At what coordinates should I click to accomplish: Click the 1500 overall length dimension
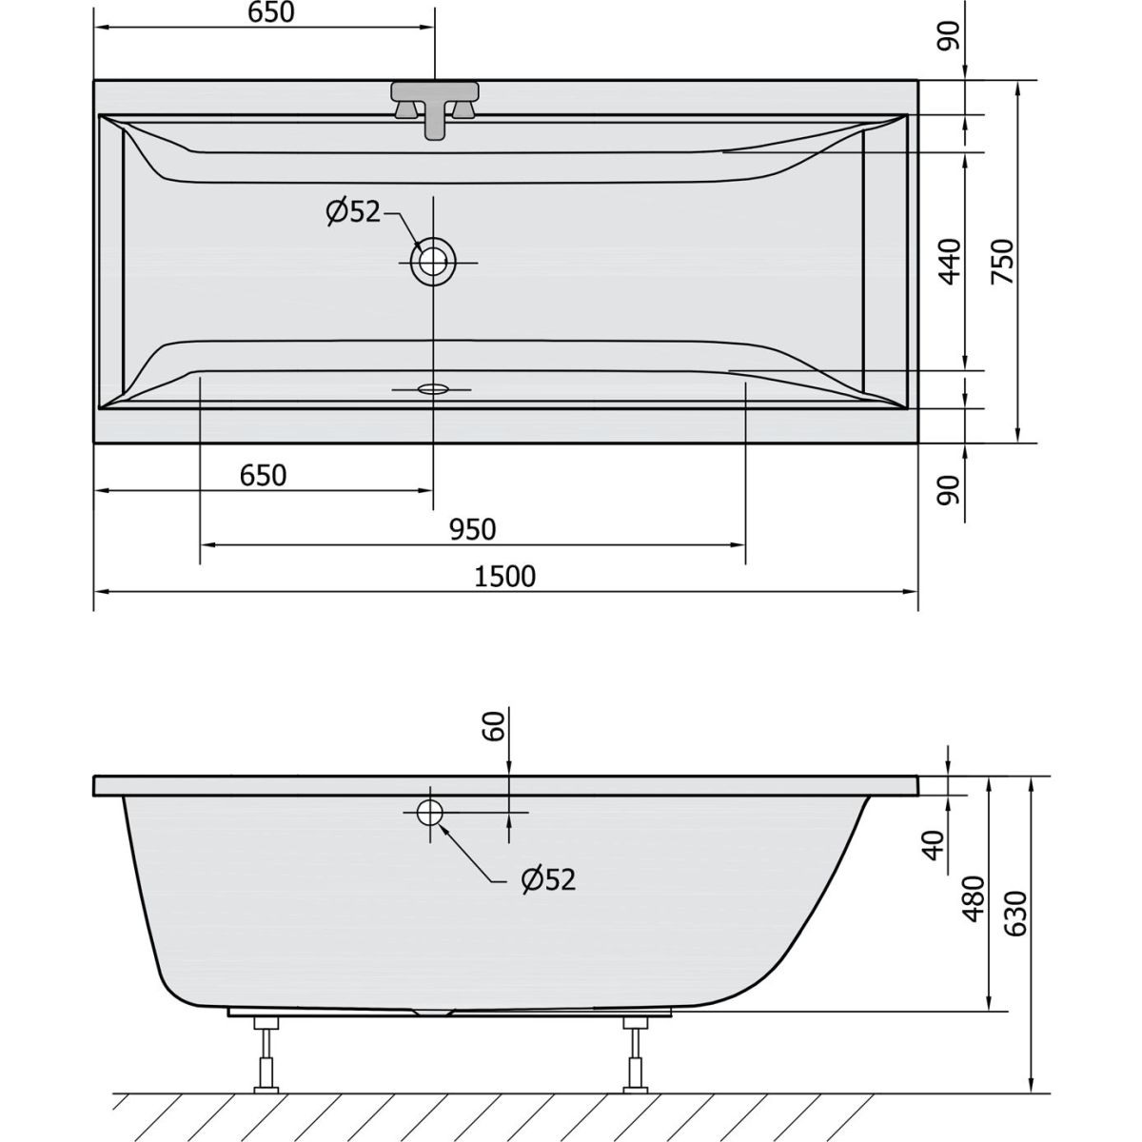click(504, 576)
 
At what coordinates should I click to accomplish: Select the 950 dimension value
click(472, 529)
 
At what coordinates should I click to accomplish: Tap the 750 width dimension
click(1003, 262)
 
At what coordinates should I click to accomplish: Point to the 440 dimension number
click(951, 262)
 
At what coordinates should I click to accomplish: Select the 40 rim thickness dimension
click(934, 845)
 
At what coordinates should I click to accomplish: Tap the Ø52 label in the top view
click(353, 211)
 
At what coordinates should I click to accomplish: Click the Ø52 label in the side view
click(548, 880)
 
